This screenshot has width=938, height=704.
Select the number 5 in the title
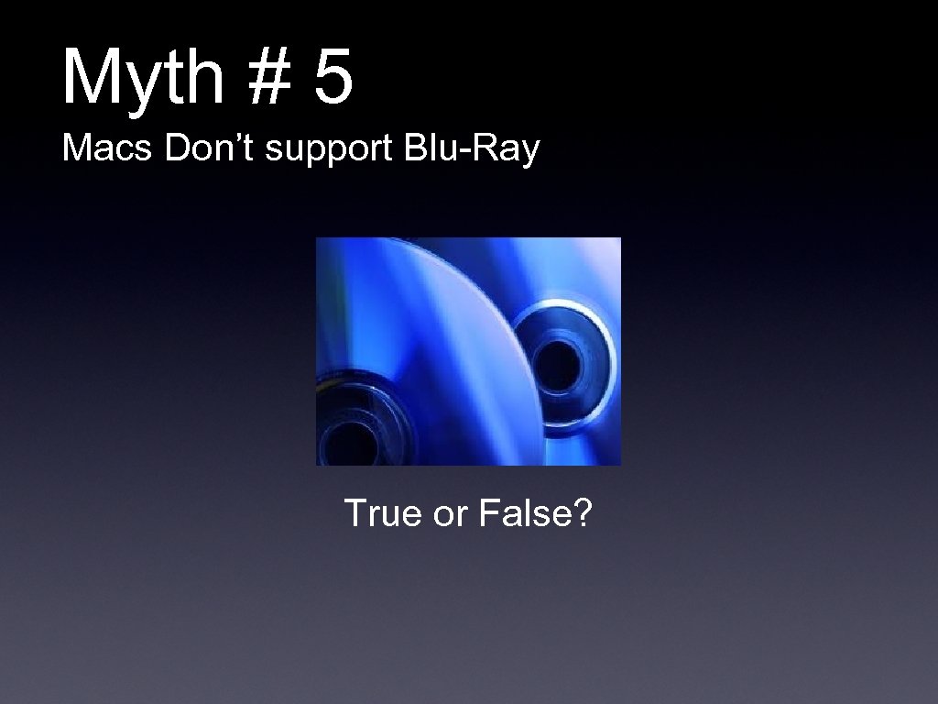[333, 79]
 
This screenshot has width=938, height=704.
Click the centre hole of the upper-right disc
[557, 353]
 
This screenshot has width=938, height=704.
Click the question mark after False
[584, 514]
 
